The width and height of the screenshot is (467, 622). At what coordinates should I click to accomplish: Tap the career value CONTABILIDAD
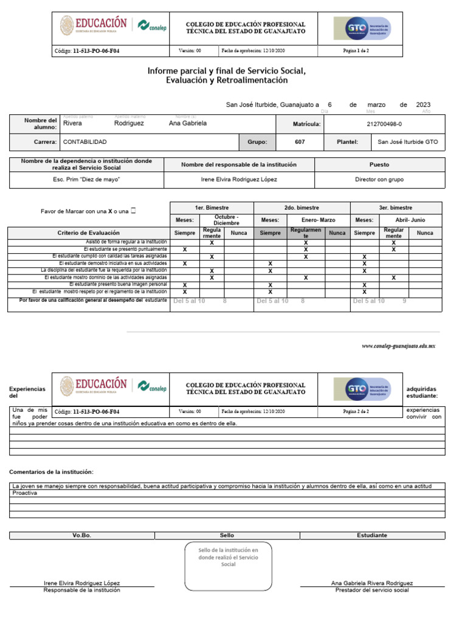point(85,142)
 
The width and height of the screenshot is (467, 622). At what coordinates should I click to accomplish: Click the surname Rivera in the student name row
point(72,123)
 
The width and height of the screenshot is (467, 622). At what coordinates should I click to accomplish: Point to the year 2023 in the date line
point(423,105)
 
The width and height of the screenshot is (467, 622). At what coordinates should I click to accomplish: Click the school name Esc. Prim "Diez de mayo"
point(86,180)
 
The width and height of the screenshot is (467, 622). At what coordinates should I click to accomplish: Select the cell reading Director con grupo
point(379,180)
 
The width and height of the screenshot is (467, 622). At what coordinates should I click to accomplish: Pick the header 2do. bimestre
point(302,208)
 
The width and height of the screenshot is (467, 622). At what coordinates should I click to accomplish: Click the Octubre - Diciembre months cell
point(226,220)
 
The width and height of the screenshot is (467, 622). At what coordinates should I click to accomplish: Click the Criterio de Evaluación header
point(89,233)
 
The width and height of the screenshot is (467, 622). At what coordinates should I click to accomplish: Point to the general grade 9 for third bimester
point(404,301)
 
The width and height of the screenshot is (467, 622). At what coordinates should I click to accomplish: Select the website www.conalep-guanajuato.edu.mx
point(399,346)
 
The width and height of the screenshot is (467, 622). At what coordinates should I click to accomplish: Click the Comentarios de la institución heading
point(52,472)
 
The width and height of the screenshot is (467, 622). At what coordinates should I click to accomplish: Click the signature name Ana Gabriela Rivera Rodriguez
point(372,583)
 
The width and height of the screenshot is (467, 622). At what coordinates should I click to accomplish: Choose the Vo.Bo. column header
point(81,535)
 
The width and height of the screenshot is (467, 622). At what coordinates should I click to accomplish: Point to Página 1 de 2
point(356,51)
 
